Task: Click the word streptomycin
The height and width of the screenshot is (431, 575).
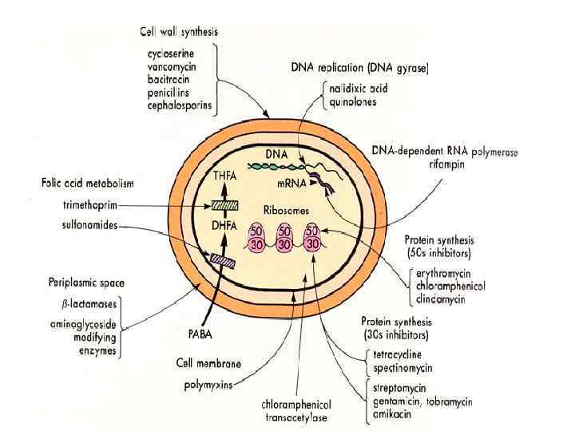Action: click(395, 388)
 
